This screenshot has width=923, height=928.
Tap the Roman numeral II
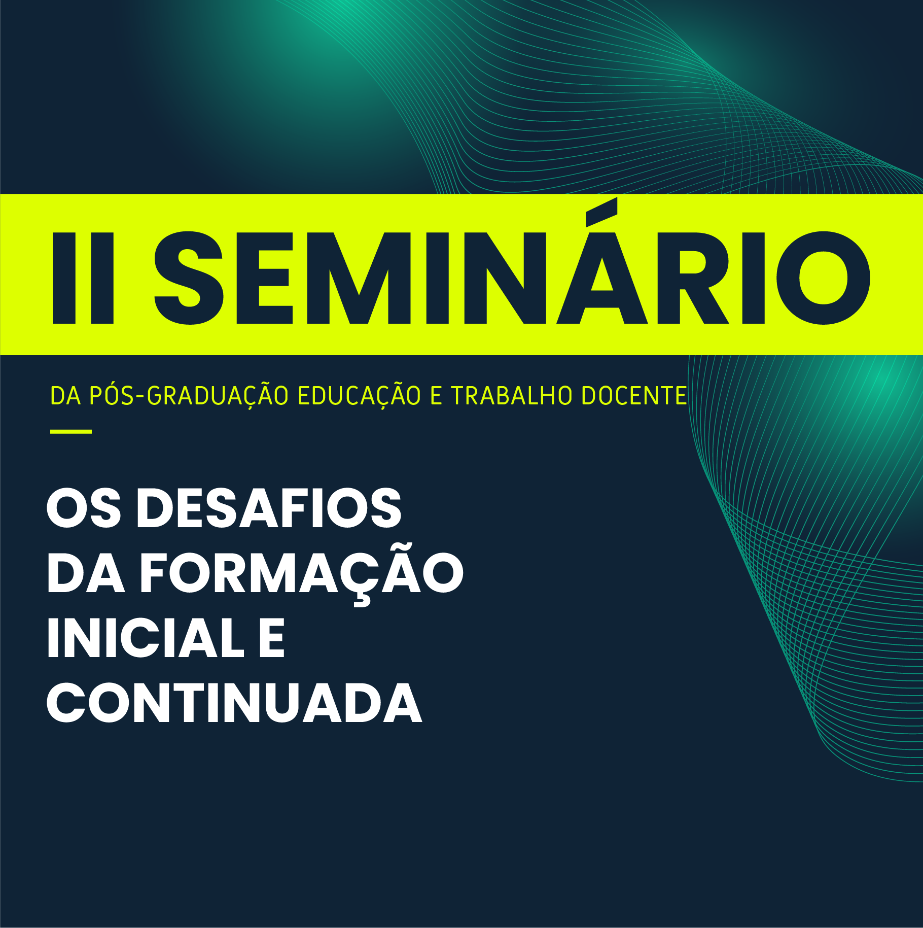tap(83, 278)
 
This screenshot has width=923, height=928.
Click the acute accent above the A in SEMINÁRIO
tap(601, 212)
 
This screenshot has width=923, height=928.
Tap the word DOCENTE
tap(634, 396)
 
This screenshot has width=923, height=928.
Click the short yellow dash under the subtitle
tap(71, 432)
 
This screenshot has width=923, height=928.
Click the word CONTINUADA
tap(234, 703)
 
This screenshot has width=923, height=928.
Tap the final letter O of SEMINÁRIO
tap(824, 278)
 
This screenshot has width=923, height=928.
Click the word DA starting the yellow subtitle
tap(65, 396)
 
